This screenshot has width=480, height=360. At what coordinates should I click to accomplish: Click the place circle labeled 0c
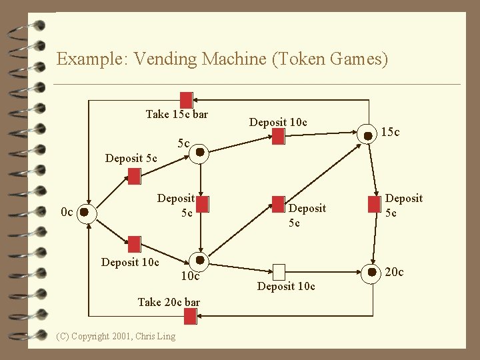85,213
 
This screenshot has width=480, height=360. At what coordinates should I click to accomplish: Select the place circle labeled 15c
367,135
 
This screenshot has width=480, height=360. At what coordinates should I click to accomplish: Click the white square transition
279,271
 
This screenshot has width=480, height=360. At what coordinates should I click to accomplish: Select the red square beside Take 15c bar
186,99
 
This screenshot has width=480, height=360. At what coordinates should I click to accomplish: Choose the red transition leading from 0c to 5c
134,176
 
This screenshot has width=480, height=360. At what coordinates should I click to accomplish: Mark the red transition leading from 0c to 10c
134,243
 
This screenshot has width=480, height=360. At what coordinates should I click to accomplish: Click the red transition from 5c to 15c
278,136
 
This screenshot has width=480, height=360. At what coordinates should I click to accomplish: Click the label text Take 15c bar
177,115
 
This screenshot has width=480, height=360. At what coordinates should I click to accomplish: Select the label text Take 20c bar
169,302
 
